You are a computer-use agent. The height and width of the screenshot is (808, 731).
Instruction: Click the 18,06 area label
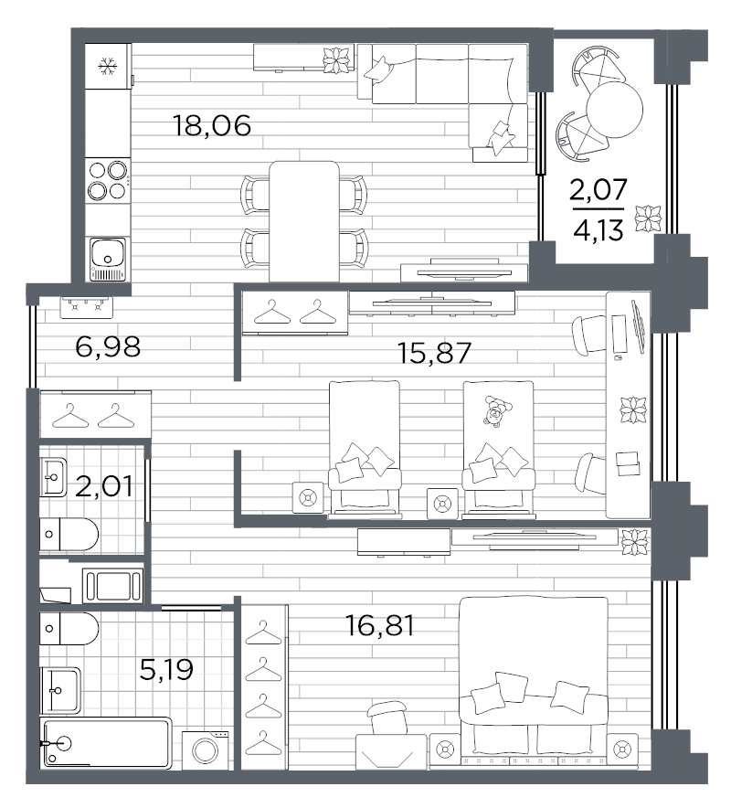pos(212,126)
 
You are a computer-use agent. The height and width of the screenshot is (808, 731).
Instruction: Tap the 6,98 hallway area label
pos(108,346)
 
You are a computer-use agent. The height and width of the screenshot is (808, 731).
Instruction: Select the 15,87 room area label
pos(434,353)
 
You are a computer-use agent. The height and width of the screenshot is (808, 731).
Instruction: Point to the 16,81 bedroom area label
pos(380,625)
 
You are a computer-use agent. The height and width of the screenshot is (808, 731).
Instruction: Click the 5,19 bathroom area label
pos(166,669)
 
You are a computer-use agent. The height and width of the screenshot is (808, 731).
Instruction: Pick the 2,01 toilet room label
pos(104,486)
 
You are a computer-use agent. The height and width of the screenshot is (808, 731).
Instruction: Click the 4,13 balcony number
pos(599,230)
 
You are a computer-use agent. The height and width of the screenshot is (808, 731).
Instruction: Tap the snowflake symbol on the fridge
pos(108,66)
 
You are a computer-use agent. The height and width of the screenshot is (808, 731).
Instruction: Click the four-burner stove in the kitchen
pos(108,180)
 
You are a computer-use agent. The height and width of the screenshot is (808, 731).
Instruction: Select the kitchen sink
pos(108,259)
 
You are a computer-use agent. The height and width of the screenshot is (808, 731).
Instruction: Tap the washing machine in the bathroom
pos(205,750)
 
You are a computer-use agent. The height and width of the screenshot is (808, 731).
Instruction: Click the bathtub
pos(106,742)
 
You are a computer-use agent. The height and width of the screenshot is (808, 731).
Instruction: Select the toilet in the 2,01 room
pos(69,535)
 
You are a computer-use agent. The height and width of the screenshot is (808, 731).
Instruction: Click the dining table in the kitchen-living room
pos(304,221)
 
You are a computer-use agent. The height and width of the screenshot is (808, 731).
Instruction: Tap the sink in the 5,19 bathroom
pos(60,690)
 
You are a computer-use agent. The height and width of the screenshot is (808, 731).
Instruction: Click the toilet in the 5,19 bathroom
pos(69,629)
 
